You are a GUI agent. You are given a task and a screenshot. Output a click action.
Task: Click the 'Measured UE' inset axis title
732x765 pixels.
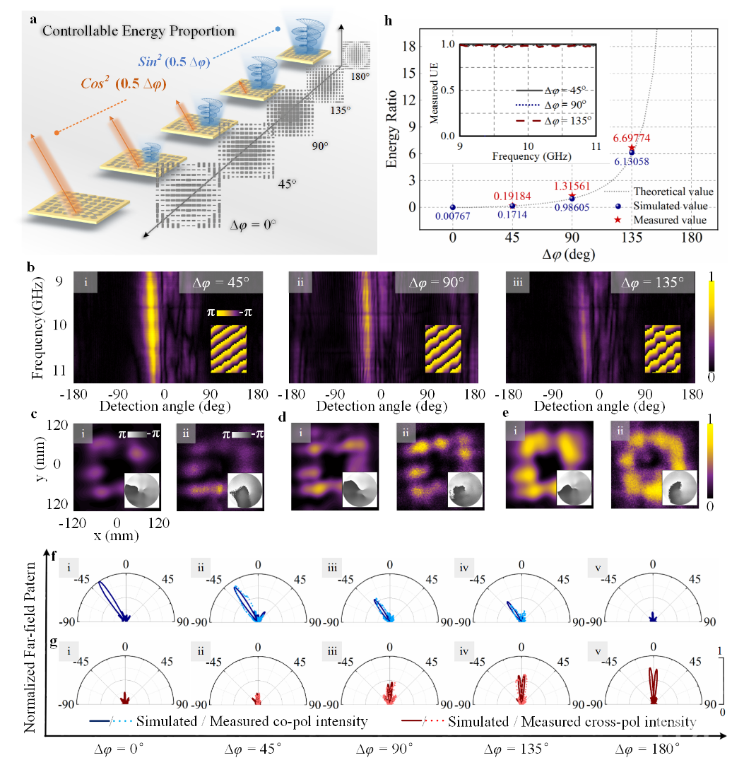443,89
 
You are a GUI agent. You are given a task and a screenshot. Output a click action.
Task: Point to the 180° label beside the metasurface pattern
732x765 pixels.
353,76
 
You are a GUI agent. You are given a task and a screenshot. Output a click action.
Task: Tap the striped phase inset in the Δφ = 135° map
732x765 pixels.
662,349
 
